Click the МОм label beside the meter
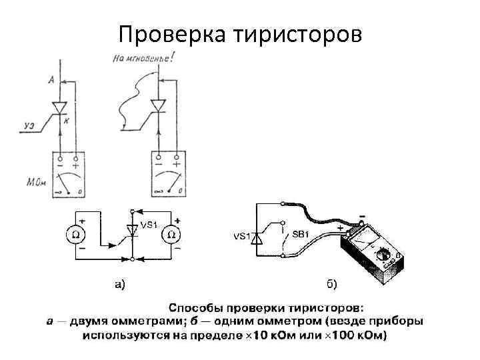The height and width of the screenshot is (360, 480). (x=37, y=182)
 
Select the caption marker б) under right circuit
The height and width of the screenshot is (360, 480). (x=331, y=285)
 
